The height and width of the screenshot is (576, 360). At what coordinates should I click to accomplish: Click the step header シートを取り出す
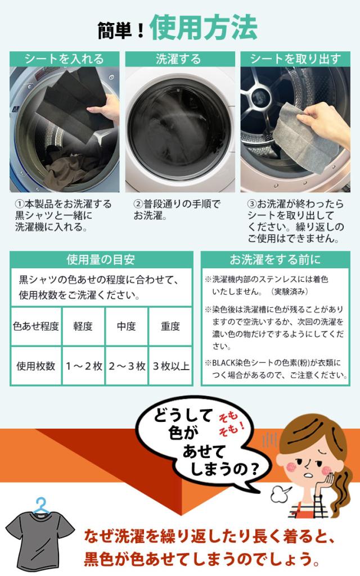295,59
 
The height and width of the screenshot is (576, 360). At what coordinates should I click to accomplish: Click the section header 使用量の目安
101,259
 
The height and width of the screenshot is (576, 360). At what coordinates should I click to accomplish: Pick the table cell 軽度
83,326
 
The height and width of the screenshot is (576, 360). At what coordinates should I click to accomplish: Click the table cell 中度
126,326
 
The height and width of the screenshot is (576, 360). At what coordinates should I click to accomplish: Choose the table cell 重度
170,326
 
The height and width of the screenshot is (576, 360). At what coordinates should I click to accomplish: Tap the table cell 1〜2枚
83,366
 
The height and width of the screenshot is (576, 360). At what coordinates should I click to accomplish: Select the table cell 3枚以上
170,366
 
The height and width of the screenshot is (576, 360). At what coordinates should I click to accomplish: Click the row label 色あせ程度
36,326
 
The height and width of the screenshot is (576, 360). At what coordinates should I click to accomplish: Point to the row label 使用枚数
36,366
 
